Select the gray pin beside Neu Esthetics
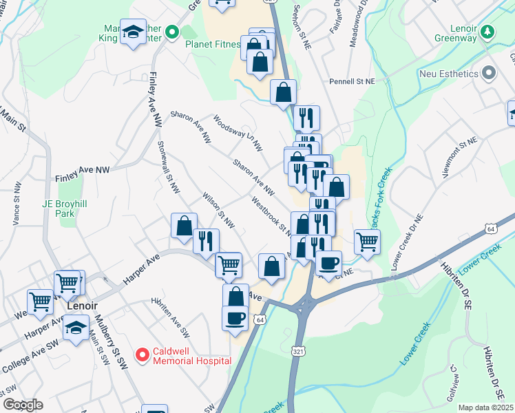tap(489, 72)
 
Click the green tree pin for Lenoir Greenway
tap(488, 32)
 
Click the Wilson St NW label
tap(218, 211)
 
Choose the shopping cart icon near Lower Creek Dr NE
tap(368, 242)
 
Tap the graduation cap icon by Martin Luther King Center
tap(133, 32)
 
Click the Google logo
tap(22, 405)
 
